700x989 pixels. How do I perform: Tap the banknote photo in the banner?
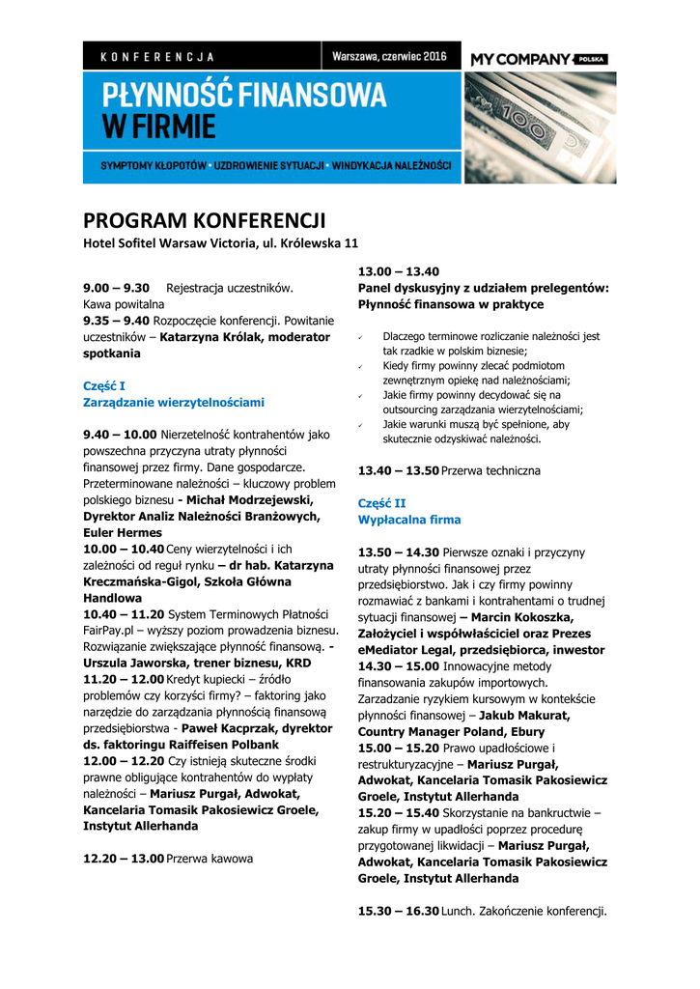tap(539, 127)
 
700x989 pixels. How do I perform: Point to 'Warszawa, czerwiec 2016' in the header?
tap(388, 57)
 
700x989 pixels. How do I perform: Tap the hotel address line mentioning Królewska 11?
tap(220, 242)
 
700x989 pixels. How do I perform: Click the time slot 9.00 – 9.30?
tap(116, 288)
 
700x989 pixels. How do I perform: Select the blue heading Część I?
tap(104, 385)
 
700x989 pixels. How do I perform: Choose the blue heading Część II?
tap(381, 503)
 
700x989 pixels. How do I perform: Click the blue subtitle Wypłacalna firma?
tap(409, 520)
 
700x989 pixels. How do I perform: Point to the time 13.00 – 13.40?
tap(398, 271)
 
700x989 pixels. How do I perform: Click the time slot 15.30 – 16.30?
tap(398, 911)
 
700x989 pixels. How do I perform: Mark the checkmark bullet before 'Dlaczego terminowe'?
tap(360, 337)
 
